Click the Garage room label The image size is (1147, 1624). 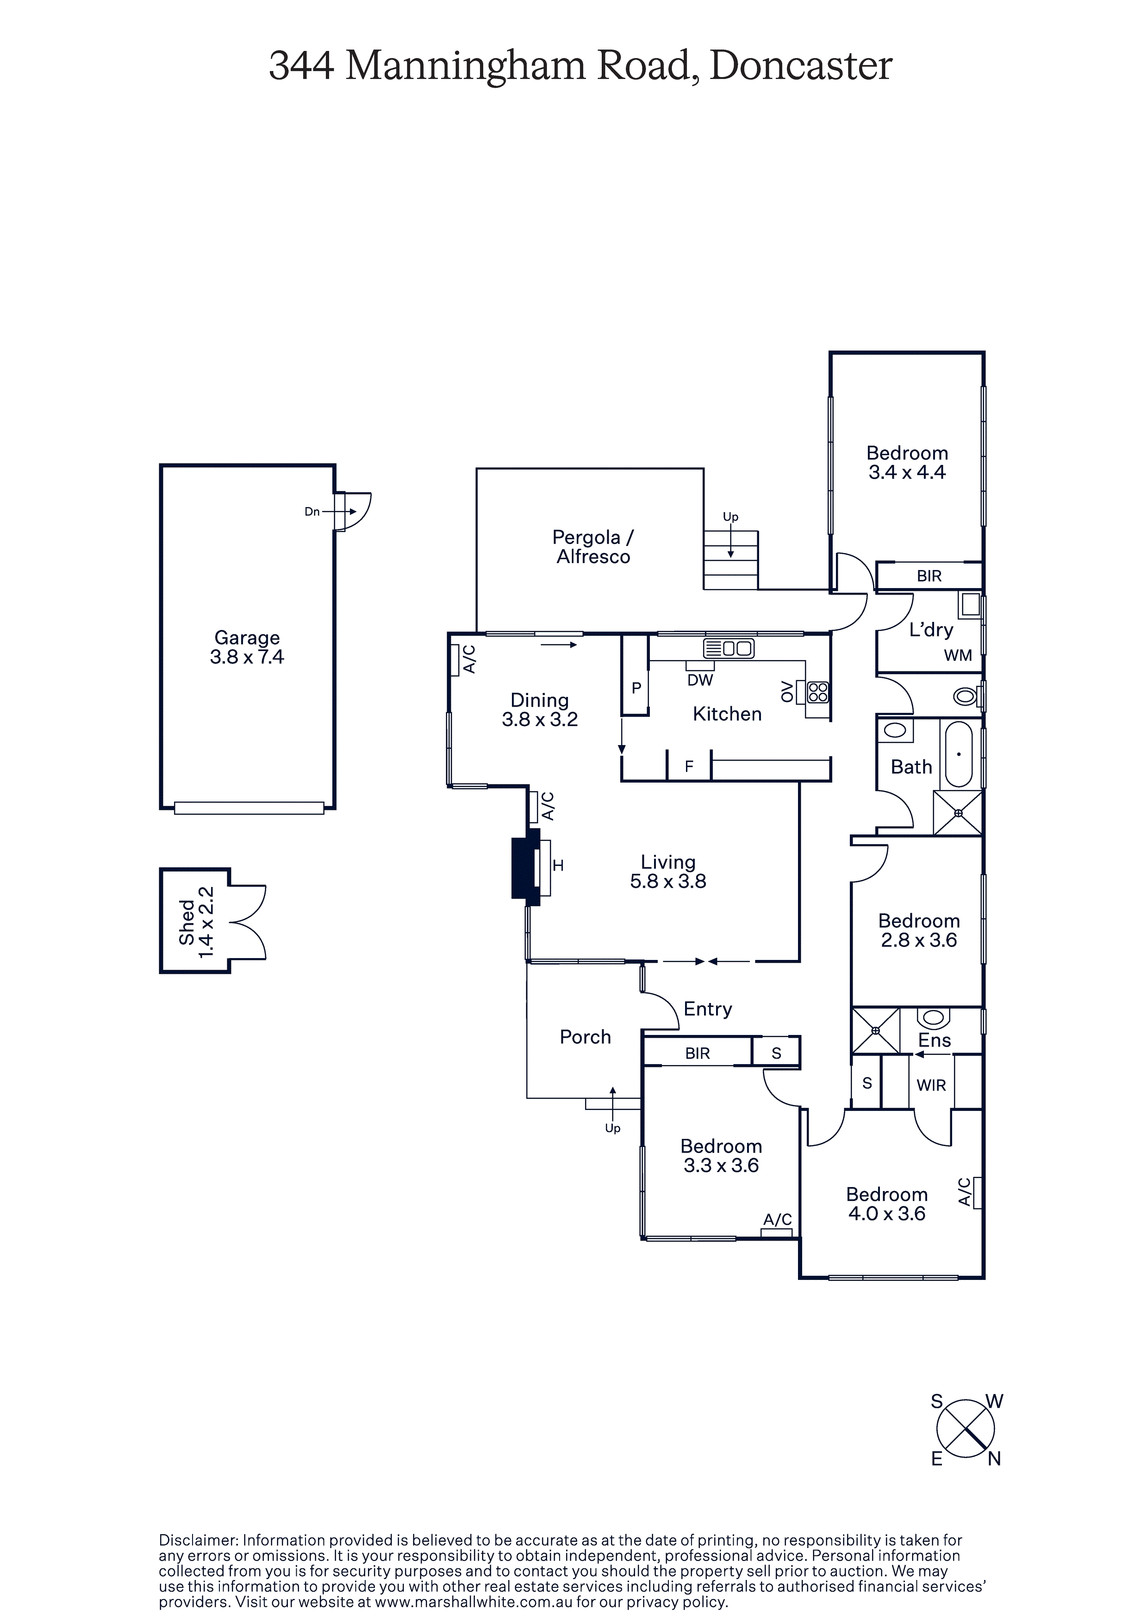(247, 638)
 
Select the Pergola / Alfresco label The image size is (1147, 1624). (592, 547)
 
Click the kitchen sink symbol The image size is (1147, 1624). (729, 647)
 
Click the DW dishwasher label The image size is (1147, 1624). (700, 680)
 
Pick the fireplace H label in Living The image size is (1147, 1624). (558, 865)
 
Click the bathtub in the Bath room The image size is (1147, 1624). (959, 754)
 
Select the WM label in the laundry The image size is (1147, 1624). (958, 656)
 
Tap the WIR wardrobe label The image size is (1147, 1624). (931, 1085)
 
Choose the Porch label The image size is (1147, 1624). (585, 1037)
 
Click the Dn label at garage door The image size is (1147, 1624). (312, 511)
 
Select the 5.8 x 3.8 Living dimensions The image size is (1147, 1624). (668, 881)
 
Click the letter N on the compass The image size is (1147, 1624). (993, 1459)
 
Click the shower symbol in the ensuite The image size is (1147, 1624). (875, 1030)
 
